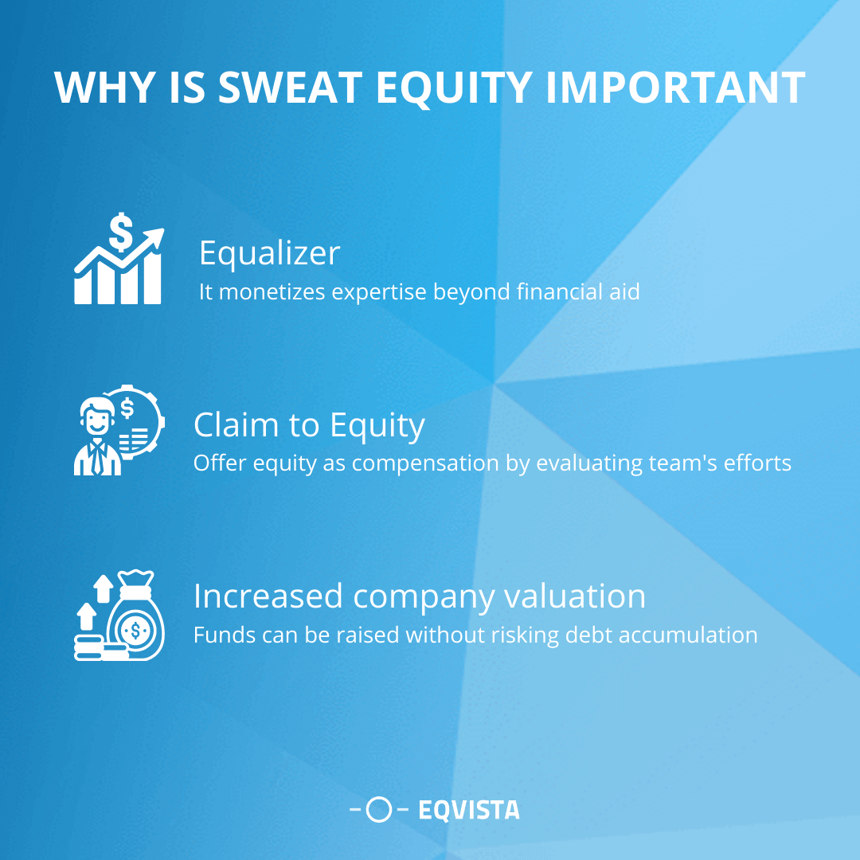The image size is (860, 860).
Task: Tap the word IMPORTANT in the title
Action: click(x=675, y=88)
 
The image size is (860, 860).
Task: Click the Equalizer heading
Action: click(x=269, y=253)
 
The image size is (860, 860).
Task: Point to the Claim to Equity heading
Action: click(x=309, y=424)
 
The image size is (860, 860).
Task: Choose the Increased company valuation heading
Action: click(x=419, y=596)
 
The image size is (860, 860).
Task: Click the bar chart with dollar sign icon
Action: click(x=119, y=258)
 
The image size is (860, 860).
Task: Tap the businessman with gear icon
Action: click(x=119, y=430)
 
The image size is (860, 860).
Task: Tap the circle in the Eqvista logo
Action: click(x=381, y=811)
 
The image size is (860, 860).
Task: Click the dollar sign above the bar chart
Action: click(x=122, y=230)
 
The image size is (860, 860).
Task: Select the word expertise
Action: click(x=379, y=292)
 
